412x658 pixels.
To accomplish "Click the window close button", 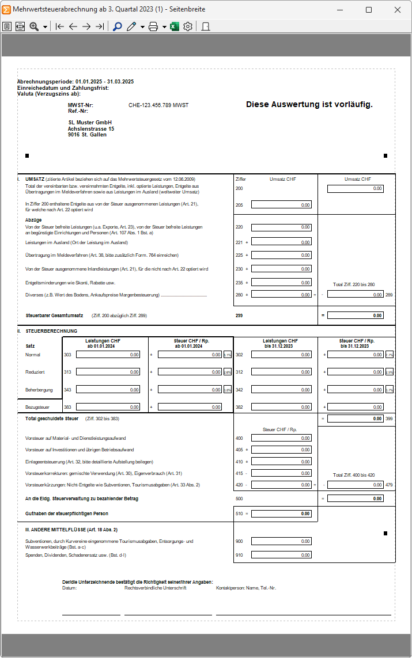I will (398, 10).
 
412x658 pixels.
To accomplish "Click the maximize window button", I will (369, 10).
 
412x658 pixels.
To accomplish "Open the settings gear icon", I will (188, 26).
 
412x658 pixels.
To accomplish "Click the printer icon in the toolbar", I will (153, 26).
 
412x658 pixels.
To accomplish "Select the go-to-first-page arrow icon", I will (60, 26).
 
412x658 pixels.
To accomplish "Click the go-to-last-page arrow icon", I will (100, 26).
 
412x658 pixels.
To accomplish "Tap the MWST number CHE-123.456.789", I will (158, 105).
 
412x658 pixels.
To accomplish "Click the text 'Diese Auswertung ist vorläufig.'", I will (309, 104).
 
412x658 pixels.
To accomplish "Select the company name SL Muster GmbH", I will (90, 123).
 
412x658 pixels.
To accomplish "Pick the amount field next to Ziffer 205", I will (281, 204).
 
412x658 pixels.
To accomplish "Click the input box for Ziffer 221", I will (281, 242).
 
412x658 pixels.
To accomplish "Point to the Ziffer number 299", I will (239, 315).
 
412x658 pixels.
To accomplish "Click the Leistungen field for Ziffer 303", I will (108, 355).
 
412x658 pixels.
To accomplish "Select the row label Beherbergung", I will (39, 390).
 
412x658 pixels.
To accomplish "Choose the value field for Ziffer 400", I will (281, 438).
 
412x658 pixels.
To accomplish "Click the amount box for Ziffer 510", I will (281, 514).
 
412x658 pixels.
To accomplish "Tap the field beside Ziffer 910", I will (281, 555).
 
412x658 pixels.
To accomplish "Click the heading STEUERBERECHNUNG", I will (51, 331).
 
